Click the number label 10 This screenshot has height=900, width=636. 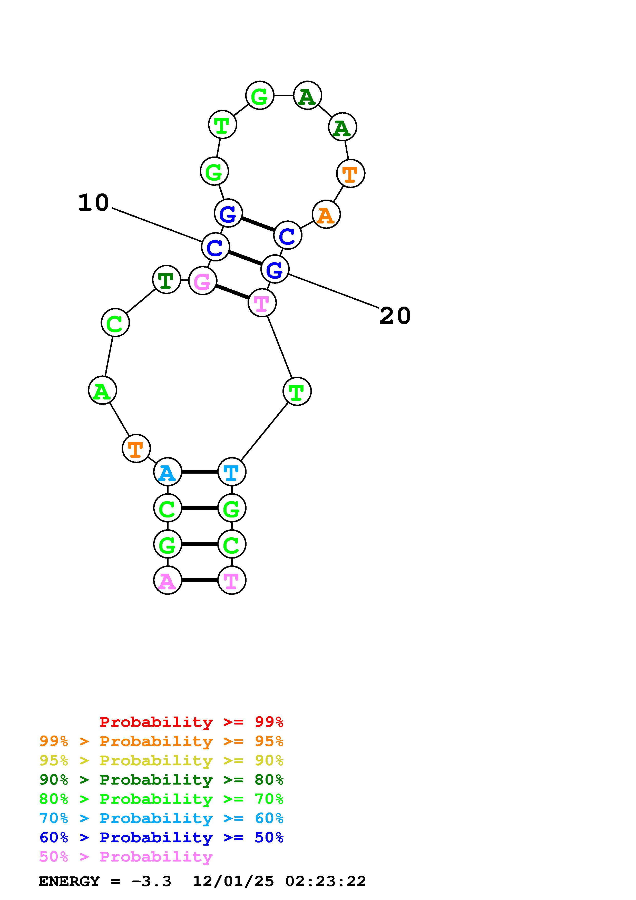pos(93,203)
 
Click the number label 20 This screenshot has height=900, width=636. pos(395,316)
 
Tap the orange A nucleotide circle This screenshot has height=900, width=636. pos(326,214)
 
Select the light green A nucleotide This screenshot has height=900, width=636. pos(102,390)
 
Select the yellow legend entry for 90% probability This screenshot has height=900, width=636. pos(161,760)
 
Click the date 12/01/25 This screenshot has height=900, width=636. pos(233,881)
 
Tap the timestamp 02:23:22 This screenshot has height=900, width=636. pos(326,881)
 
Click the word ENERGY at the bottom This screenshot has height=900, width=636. pos(69,881)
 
